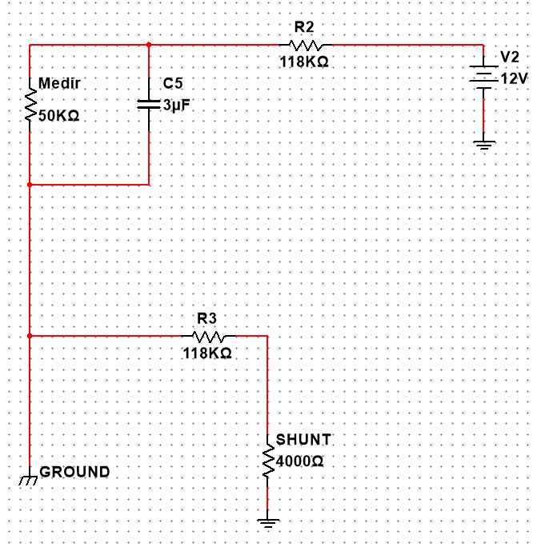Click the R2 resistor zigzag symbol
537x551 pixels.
(x=305, y=45)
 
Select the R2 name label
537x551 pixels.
(x=304, y=27)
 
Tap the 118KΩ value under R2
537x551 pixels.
(x=304, y=62)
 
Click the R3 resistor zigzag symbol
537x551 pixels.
(x=209, y=337)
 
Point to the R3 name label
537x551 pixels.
(x=206, y=319)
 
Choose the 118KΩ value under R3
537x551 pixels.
(x=207, y=353)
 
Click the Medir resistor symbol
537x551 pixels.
(x=30, y=105)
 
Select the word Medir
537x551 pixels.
(x=59, y=83)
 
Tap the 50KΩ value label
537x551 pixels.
(x=58, y=116)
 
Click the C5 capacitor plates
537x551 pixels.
(x=149, y=105)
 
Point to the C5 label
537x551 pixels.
(x=173, y=84)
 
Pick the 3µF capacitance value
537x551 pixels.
(x=177, y=105)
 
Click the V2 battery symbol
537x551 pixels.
(x=484, y=78)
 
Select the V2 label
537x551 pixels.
(x=510, y=57)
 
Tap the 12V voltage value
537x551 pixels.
(x=514, y=78)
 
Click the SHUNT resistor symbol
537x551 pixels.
(x=268, y=461)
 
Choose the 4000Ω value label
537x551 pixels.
(x=299, y=461)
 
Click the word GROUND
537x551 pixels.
(x=74, y=472)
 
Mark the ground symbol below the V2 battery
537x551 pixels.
(x=484, y=145)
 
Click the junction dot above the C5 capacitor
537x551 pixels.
(x=149, y=45)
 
